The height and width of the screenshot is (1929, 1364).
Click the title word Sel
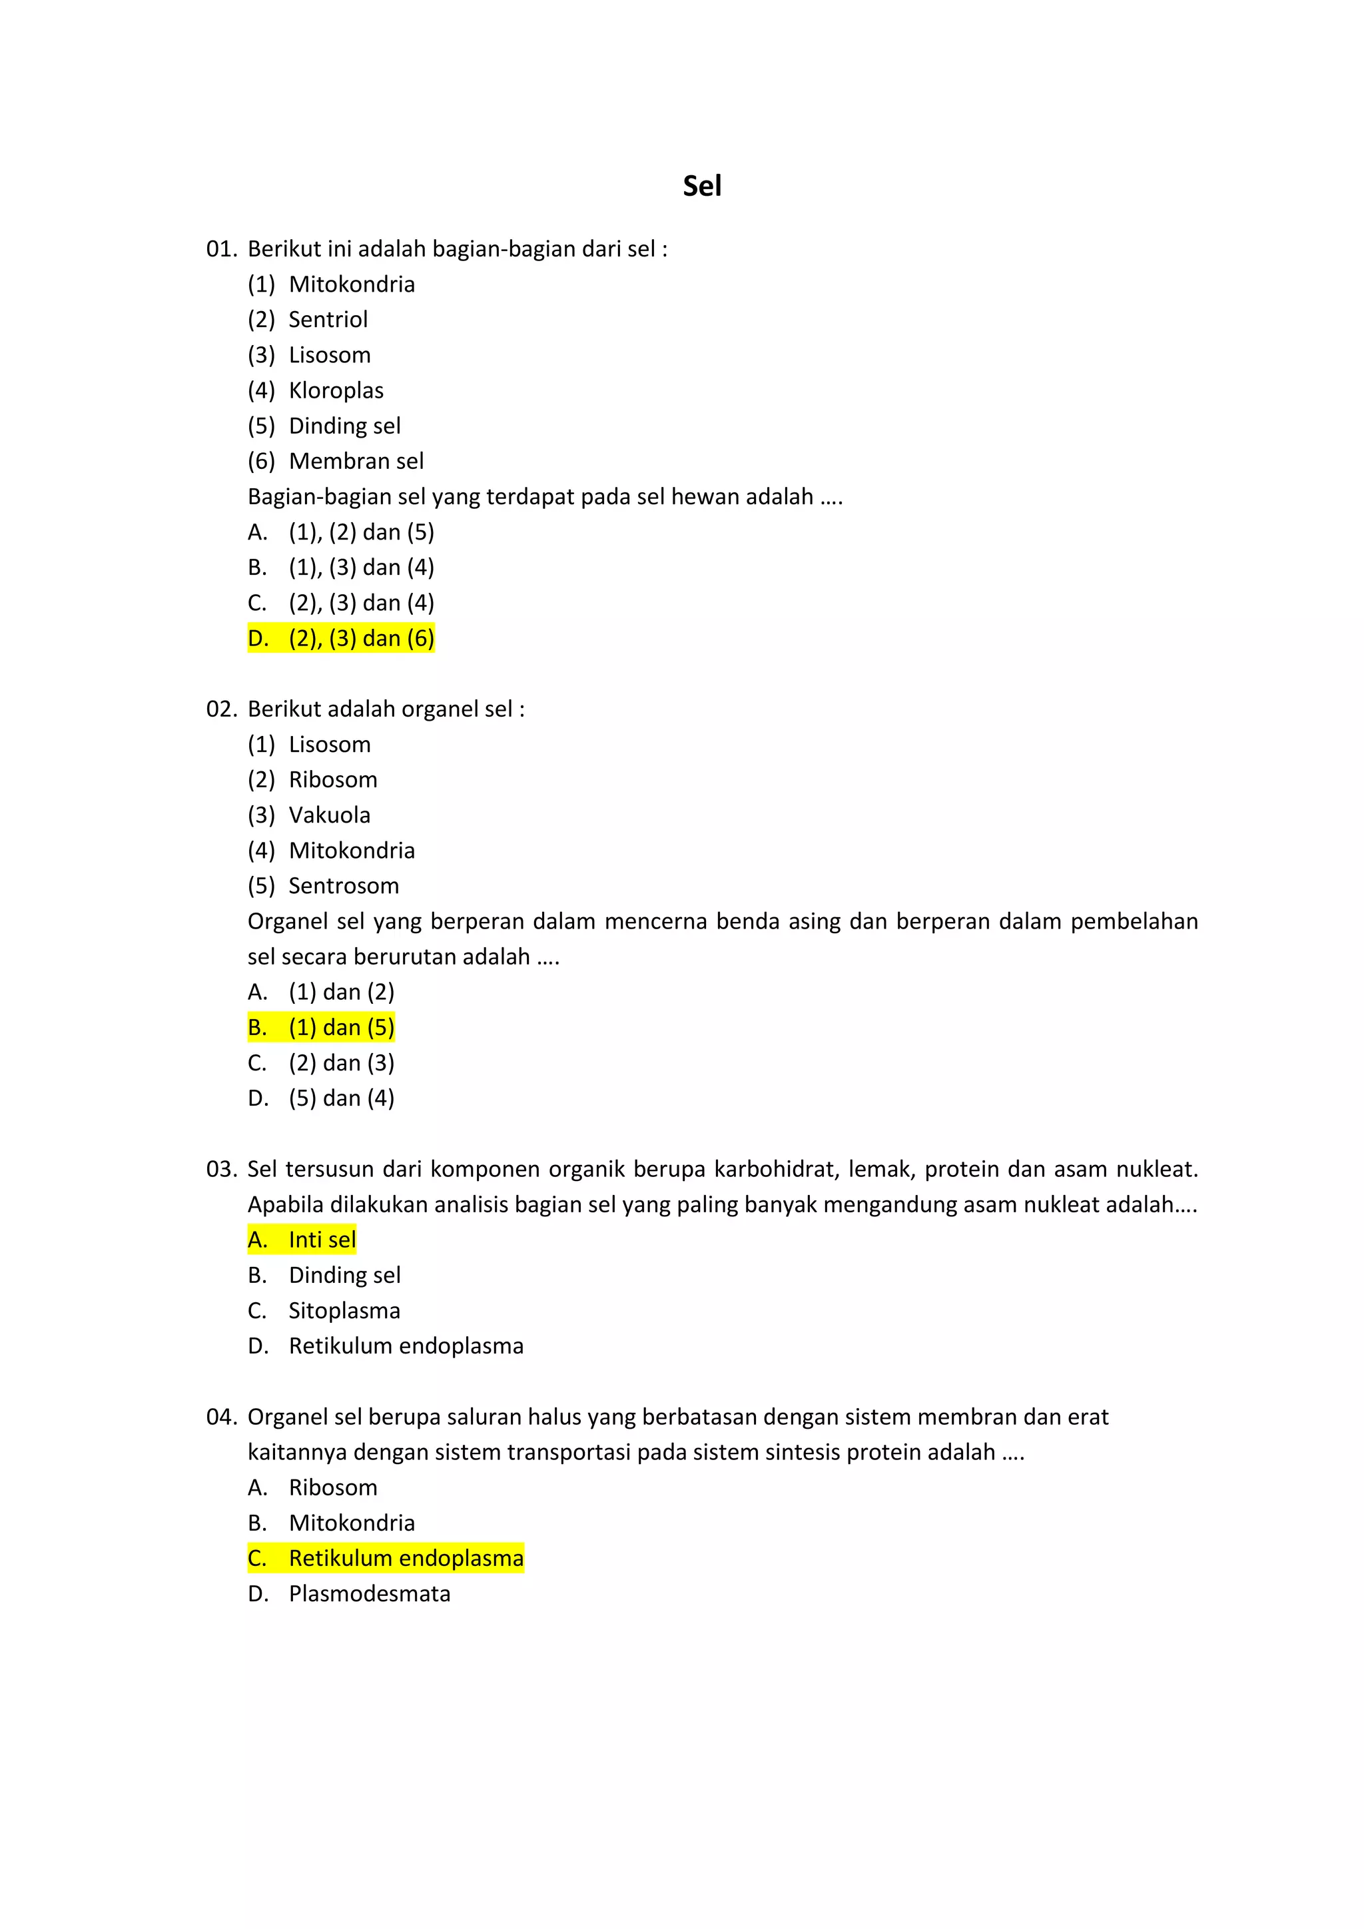pyautogui.click(x=701, y=186)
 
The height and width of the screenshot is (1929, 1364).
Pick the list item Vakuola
pyautogui.click(x=329, y=815)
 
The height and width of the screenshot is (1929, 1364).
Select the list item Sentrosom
pyautogui.click(x=344, y=885)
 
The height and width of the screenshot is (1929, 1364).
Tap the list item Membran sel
pyautogui.click(x=356, y=461)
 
